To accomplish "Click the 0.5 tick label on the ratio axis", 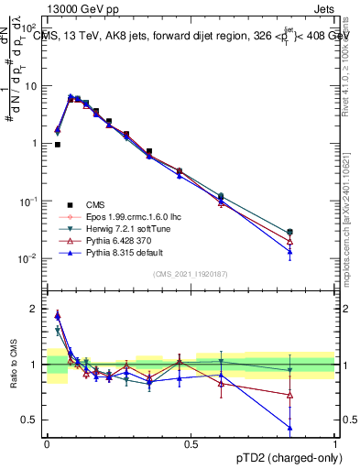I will click(31, 420).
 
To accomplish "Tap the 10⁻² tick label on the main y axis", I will click(29, 258).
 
